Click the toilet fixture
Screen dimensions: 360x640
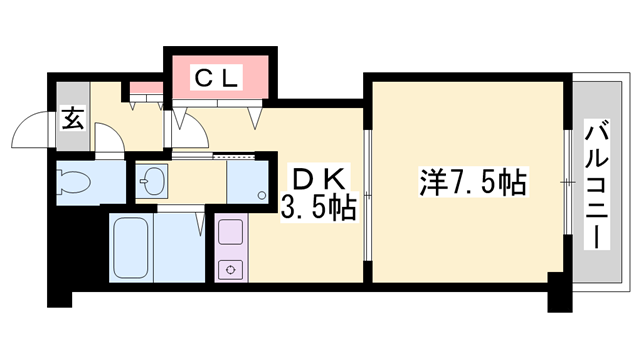coord(76,183)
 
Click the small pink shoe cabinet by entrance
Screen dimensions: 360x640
coord(145,91)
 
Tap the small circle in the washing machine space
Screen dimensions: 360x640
coord(263,193)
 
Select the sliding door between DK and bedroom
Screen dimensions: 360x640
coord(367,190)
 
